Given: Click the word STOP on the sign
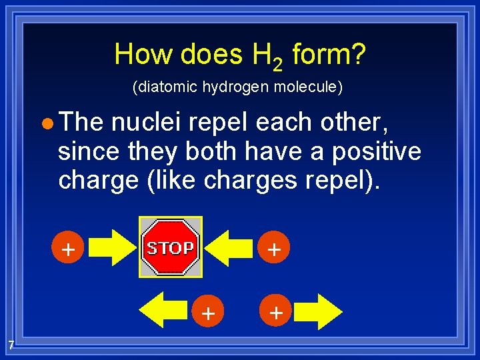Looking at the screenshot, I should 170,248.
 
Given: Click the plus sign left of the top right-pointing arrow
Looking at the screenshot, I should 67,250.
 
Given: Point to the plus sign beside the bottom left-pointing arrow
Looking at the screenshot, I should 208,312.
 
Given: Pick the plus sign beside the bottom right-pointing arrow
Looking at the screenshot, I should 276,311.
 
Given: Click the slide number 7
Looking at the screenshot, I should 11,345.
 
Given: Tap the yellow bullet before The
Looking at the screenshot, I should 45,124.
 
